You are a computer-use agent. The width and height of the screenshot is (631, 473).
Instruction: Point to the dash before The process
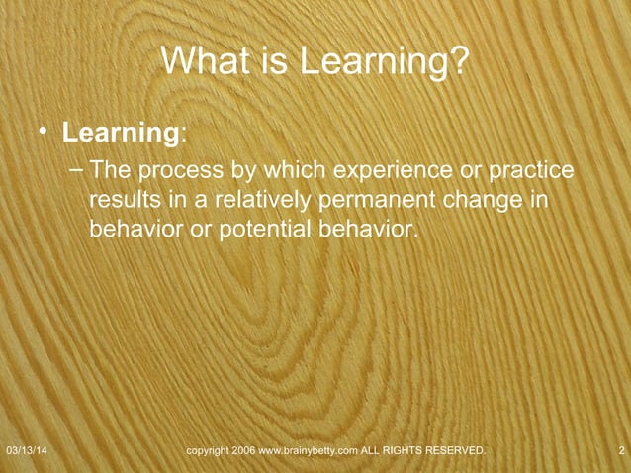click(77, 170)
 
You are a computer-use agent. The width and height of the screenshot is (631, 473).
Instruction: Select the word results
click(122, 201)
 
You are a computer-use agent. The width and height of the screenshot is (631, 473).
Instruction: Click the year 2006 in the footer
click(244, 451)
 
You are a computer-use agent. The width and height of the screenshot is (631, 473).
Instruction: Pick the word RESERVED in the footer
click(454, 451)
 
